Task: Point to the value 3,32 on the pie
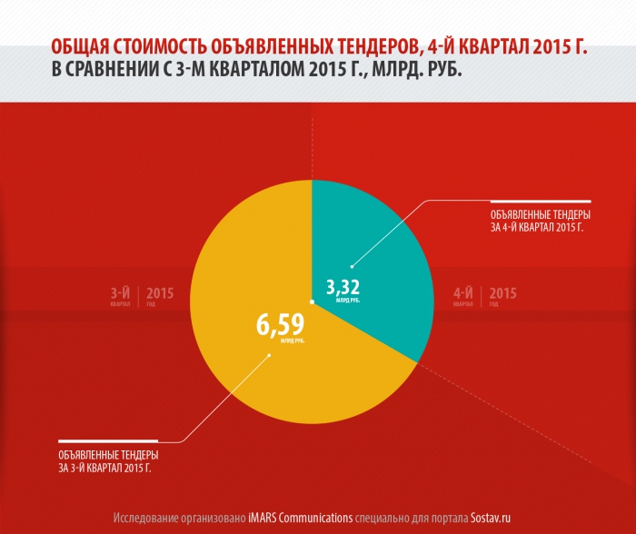pyautogui.click(x=343, y=290)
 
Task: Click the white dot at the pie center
pyautogui.click(x=312, y=302)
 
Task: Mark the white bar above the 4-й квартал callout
pyautogui.click(x=541, y=200)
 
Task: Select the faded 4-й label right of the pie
pyautogui.click(x=463, y=295)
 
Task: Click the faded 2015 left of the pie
pyautogui.click(x=159, y=293)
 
